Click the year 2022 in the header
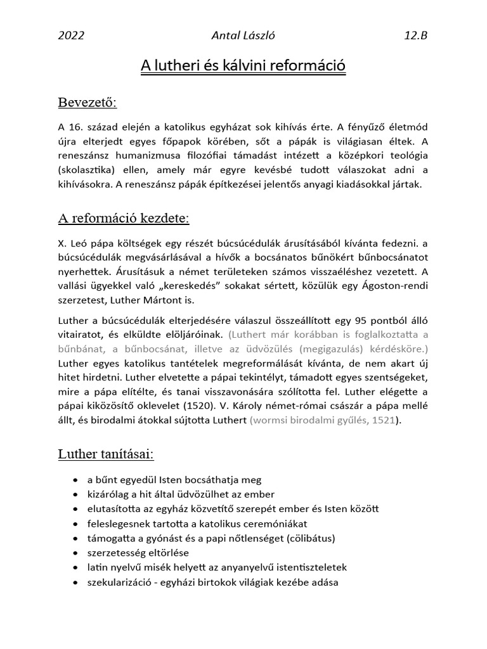click(x=70, y=36)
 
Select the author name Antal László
click(x=243, y=36)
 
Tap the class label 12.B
click(x=415, y=36)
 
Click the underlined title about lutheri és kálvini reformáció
click(x=243, y=65)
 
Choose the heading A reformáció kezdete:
click(x=124, y=219)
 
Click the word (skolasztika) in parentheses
click(x=88, y=170)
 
